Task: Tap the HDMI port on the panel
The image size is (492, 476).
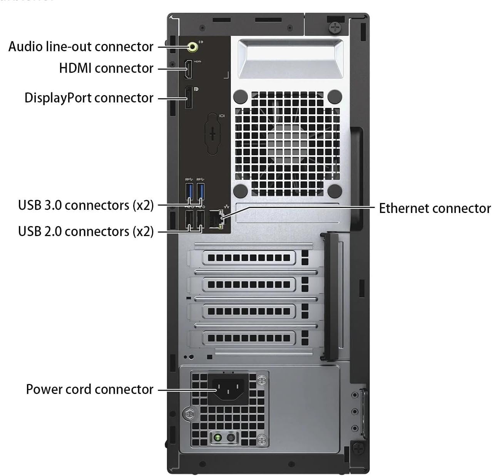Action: tap(189, 69)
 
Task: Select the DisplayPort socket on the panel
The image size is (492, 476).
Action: tap(189, 97)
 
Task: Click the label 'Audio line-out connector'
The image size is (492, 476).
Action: tap(81, 47)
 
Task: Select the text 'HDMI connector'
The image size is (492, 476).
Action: tap(106, 68)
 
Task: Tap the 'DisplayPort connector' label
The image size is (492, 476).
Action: tap(89, 98)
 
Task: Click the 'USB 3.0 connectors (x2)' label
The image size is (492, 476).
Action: tap(86, 205)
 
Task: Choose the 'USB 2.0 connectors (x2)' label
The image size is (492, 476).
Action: tap(86, 231)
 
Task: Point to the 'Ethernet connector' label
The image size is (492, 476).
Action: tap(435, 208)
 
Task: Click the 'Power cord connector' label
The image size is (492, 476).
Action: tap(90, 389)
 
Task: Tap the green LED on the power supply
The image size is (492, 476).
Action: tap(218, 438)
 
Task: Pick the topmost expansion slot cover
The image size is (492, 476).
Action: tap(249, 258)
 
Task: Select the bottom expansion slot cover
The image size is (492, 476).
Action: tap(249, 339)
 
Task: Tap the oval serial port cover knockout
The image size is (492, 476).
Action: tap(213, 134)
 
